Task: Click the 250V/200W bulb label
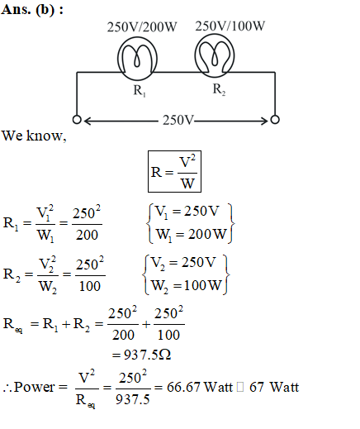pyautogui.click(x=142, y=27)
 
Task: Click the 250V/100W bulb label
pyautogui.click(x=230, y=26)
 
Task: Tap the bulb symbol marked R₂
pyautogui.click(x=215, y=55)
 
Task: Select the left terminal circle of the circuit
pyautogui.click(x=77, y=120)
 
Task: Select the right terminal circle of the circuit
pyautogui.click(x=275, y=120)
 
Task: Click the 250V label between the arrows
pyautogui.click(x=178, y=120)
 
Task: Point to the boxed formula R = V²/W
pyautogui.click(x=174, y=171)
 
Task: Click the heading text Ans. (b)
pyautogui.click(x=32, y=10)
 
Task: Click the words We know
pyautogui.click(x=34, y=136)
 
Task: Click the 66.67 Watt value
pyautogui.click(x=200, y=387)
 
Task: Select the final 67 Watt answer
pyautogui.click(x=274, y=387)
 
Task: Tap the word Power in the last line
pyautogui.click(x=35, y=387)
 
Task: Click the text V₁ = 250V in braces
pyautogui.click(x=187, y=212)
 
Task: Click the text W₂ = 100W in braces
pyautogui.click(x=187, y=285)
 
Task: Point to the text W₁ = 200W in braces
pyautogui.click(x=192, y=235)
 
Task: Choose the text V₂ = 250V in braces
pyautogui.click(x=183, y=263)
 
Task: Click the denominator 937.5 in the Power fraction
pyautogui.click(x=133, y=399)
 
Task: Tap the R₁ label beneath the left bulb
pyautogui.click(x=140, y=90)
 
